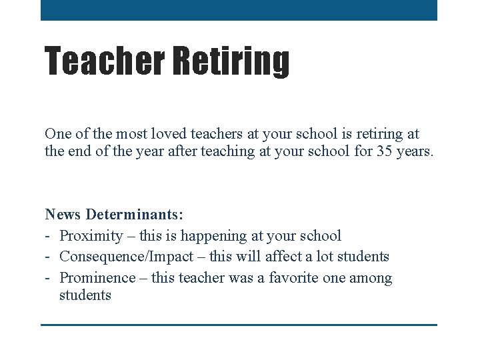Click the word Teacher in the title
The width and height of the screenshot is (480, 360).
tap(105, 61)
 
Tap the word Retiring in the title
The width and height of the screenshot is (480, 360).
tap(231, 61)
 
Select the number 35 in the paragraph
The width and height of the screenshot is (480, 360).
tap(384, 151)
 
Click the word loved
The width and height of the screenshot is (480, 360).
tap(151, 134)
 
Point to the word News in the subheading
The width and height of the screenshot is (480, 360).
tap(63, 215)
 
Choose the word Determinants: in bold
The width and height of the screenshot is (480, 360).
tap(135, 215)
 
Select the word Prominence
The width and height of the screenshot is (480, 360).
tap(95, 278)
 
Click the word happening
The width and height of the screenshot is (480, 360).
tap(212, 236)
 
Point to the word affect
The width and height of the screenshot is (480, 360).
tap(286, 257)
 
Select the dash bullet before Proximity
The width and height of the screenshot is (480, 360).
tap(49, 236)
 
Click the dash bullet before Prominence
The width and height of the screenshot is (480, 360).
tap(49, 278)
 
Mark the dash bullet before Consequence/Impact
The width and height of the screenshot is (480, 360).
tap(49, 257)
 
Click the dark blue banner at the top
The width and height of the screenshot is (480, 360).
tap(239, 10)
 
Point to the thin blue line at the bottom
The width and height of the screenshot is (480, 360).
tap(239, 325)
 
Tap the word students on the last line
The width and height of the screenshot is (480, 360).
tap(85, 295)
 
